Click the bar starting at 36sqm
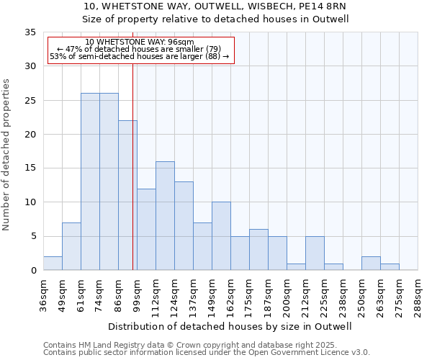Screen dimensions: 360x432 click(x=53, y=264)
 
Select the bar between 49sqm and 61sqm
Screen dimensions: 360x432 click(x=71, y=246)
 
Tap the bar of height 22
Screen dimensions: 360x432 click(x=127, y=195)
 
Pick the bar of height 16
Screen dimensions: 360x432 click(x=165, y=216)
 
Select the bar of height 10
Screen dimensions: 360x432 click(x=221, y=236)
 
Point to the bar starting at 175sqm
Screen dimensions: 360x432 click(x=258, y=250)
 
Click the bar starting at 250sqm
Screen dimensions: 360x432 click(x=371, y=264)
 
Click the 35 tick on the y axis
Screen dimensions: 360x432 click(x=31, y=32)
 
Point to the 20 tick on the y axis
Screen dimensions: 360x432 click(x=31, y=135)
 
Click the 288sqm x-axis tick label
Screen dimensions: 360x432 click(x=418, y=294)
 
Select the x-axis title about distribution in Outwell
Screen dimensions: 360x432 click(x=230, y=326)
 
